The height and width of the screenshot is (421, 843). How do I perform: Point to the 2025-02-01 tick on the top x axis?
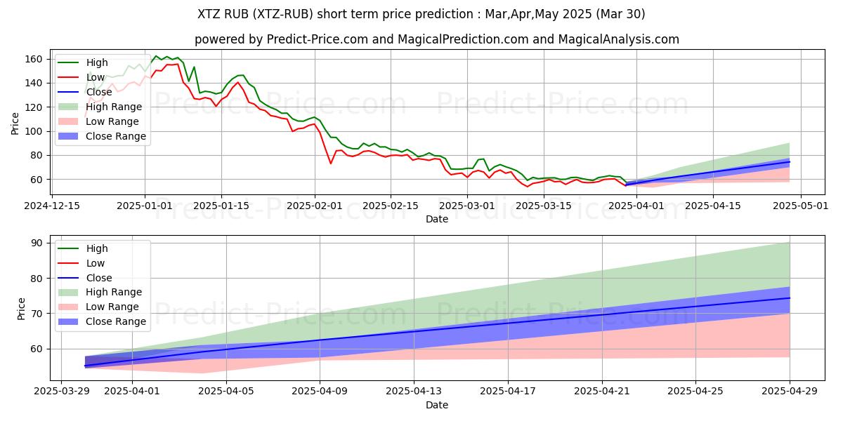314,206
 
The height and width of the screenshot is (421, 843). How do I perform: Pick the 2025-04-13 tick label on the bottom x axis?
414,391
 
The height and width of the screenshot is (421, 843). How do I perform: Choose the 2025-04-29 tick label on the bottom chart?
790,391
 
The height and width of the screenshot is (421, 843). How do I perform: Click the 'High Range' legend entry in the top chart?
114,107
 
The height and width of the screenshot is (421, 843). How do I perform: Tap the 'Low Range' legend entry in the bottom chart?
112,307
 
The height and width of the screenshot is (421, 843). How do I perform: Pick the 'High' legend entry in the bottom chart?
96,248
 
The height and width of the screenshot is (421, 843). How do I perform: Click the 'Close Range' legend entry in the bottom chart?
116,321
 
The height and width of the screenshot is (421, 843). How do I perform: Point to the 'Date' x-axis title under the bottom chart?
436,405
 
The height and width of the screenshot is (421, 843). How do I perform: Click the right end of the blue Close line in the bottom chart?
789,298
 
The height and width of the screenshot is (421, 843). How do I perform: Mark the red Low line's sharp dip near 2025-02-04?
331,163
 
